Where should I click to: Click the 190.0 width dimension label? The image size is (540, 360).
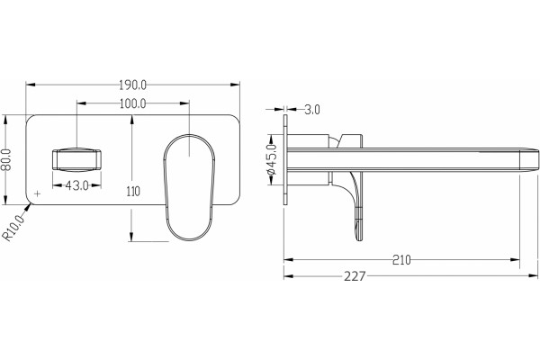(133, 85)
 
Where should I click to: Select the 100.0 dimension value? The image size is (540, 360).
(133, 103)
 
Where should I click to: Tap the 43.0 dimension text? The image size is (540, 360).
(77, 185)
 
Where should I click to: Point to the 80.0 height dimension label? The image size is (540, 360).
(6, 159)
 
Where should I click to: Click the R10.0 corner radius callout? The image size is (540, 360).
(13, 228)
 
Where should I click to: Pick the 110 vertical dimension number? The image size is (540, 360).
(133, 191)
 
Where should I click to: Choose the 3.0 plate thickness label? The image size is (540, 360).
(312, 110)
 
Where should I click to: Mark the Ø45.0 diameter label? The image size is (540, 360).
(272, 159)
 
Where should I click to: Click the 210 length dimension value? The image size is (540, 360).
(401, 260)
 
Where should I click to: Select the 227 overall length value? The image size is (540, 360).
(355, 276)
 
